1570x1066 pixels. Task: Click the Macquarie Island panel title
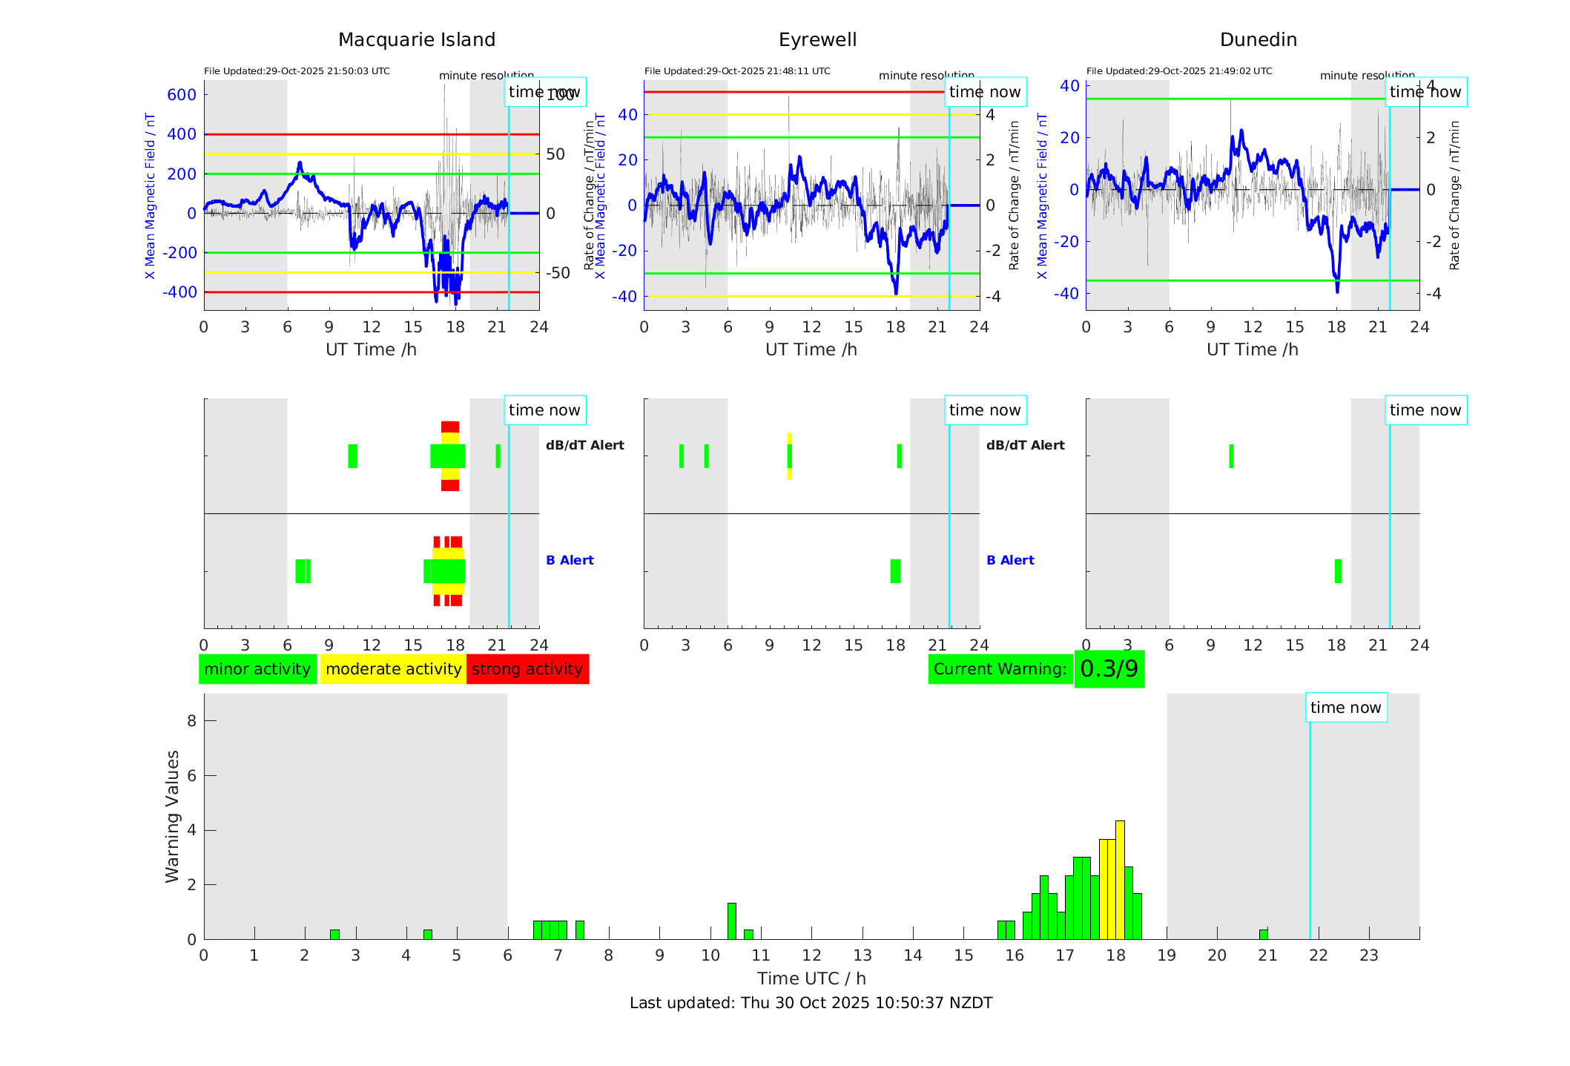tap(417, 40)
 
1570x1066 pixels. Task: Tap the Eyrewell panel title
tap(817, 40)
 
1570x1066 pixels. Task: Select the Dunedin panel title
tap(1258, 40)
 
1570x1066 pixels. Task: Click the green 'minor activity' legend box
tap(257, 669)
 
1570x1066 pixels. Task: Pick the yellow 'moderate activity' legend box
tap(393, 669)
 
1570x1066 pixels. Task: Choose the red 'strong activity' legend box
tap(527, 669)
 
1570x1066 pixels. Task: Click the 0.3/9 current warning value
tap(1109, 669)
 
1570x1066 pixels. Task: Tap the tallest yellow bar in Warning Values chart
tap(1120, 879)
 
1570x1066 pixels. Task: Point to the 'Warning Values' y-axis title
tap(172, 816)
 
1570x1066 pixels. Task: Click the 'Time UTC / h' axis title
tap(811, 978)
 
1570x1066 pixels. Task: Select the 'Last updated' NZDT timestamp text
tap(811, 1003)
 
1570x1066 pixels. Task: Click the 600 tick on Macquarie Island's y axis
tap(182, 95)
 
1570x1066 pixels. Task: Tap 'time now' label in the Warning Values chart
tap(1345, 708)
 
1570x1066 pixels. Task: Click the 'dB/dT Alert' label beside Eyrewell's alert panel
tap(1025, 445)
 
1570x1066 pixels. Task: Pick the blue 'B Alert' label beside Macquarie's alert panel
tap(570, 560)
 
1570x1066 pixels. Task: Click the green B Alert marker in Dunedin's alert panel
tap(1338, 571)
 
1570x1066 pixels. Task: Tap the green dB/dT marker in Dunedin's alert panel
tap(1231, 456)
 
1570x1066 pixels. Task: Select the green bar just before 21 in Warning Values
tap(1263, 934)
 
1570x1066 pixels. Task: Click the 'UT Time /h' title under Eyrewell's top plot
tap(811, 349)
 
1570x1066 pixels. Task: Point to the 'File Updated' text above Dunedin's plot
tap(1179, 71)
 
